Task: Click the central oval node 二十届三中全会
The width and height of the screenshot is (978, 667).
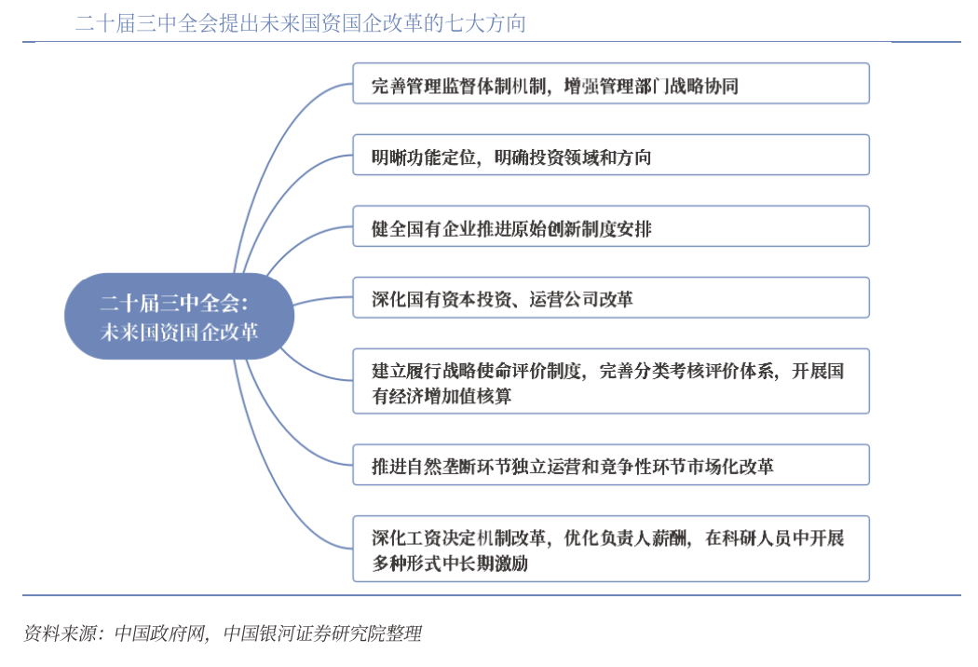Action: [179, 317]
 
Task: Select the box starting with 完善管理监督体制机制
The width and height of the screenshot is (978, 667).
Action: [611, 84]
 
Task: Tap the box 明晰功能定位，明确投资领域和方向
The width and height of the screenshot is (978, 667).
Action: [611, 155]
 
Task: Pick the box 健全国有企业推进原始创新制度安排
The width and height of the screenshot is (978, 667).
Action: [611, 226]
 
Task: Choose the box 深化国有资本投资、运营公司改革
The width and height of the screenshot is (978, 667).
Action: [611, 297]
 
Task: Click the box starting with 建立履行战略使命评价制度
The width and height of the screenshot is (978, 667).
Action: [611, 381]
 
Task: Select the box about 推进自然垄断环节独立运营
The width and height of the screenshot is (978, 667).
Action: [611, 465]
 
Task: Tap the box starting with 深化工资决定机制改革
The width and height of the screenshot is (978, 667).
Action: [611, 549]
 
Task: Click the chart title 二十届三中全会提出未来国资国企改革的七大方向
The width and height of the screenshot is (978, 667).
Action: [301, 23]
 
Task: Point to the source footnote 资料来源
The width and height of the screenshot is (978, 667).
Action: [222, 633]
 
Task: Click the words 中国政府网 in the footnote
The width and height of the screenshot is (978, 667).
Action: [159, 633]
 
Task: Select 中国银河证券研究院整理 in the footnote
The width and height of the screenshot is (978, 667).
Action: [322, 633]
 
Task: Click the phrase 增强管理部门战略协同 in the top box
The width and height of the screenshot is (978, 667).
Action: [651, 86]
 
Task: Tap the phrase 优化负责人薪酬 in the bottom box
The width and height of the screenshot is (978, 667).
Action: [626, 538]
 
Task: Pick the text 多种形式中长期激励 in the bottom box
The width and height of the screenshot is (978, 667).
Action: [450, 564]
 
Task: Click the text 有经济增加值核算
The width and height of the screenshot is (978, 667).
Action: [441, 396]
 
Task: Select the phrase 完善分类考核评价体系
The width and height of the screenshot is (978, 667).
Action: [686, 372]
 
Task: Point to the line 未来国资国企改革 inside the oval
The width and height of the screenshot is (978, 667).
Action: [179, 332]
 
